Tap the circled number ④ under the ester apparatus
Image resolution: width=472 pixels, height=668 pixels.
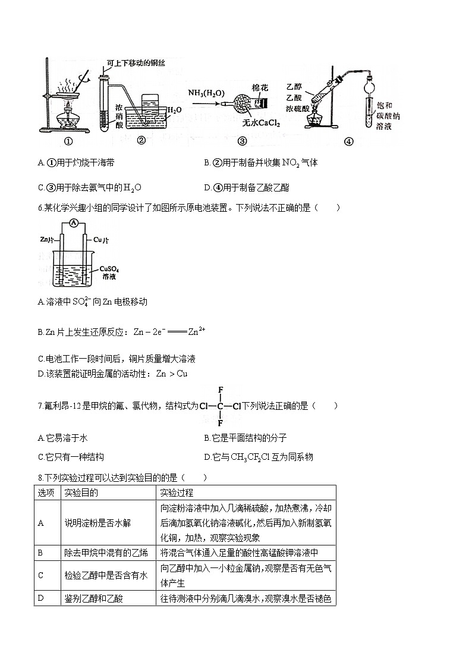[348, 142]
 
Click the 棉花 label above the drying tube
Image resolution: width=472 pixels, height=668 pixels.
[260, 87]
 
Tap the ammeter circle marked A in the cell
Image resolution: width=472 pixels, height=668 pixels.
[73, 223]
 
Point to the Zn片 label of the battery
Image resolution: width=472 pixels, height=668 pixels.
[48, 240]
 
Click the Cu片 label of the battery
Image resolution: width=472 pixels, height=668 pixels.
[101, 240]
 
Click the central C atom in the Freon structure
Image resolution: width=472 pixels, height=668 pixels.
[220, 407]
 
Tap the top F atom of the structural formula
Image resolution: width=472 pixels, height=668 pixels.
[220, 390]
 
